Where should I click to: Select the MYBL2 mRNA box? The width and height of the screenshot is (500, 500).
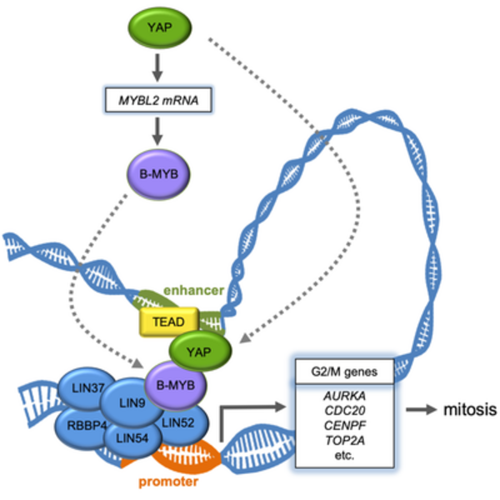(x=156, y=101)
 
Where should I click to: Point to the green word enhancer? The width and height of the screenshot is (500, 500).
(x=193, y=290)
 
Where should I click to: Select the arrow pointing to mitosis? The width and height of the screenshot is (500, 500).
(x=423, y=410)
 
